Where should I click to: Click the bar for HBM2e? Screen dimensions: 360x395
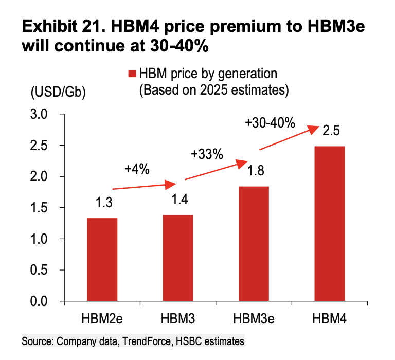(102, 260)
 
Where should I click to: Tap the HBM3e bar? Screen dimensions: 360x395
(254, 244)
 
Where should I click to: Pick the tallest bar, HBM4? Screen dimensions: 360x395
(329, 224)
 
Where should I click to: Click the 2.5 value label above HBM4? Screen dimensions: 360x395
(331, 131)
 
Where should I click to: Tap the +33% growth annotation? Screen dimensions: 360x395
(207, 153)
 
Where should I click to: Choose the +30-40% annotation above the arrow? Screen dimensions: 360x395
(270, 123)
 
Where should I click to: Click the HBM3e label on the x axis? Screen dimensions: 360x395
(254, 319)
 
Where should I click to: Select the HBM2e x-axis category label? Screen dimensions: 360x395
(102, 319)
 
